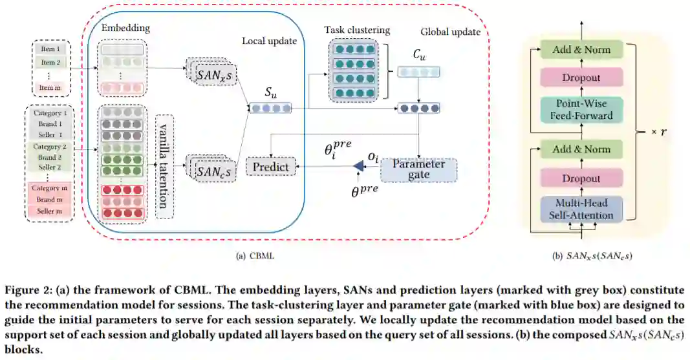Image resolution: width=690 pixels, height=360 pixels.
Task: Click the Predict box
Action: tap(270, 167)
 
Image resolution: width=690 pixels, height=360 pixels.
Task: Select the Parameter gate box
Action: tap(418, 169)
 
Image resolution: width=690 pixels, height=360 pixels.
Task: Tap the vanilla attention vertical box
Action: tap(164, 167)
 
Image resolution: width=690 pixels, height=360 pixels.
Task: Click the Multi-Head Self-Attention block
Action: tap(581, 209)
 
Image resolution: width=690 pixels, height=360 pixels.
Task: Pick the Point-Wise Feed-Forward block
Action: tap(581, 109)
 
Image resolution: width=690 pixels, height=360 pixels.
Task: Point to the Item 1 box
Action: tap(50, 48)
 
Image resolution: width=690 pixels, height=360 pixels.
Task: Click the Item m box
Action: tap(50, 87)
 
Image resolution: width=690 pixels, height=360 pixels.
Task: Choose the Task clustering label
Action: tap(357, 30)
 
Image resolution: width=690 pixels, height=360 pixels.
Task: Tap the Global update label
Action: tap(450, 32)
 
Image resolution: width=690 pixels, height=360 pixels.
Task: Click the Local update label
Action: tap(269, 41)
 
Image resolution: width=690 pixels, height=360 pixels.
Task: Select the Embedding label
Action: tap(125, 28)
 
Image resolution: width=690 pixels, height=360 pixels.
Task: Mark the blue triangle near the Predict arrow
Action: tap(359, 166)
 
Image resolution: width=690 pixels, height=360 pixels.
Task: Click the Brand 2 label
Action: tap(49, 157)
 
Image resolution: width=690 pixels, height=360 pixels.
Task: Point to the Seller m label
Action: tap(49, 211)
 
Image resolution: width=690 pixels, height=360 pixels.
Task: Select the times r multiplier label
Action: tap(659, 132)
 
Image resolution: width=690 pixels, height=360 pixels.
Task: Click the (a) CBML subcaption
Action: tap(255, 256)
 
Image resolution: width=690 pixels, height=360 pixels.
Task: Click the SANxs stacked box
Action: tap(212, 73)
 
